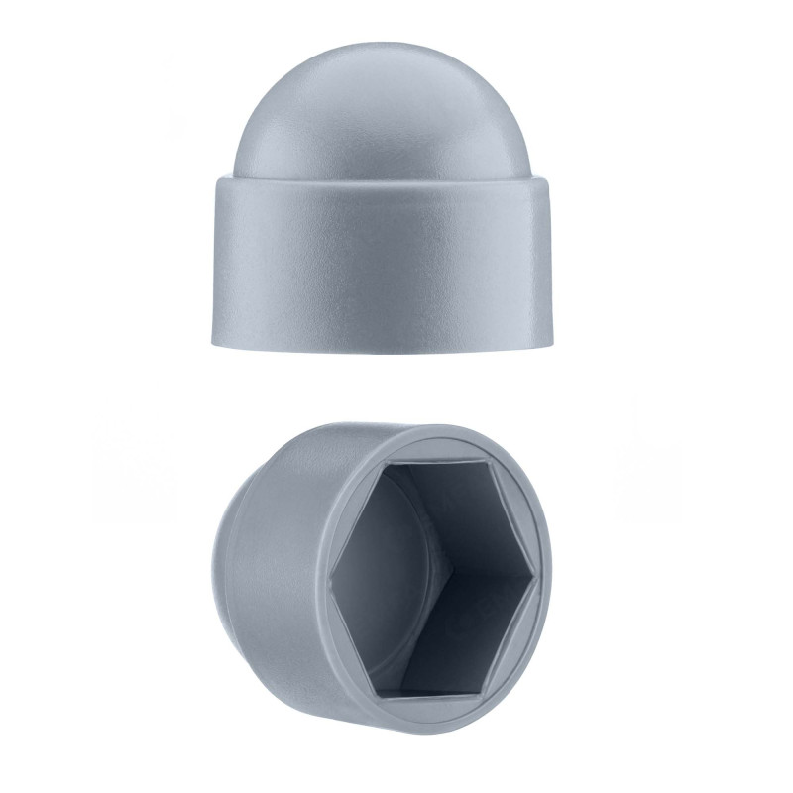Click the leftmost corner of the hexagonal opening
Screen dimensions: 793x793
(x=334, y=571)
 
